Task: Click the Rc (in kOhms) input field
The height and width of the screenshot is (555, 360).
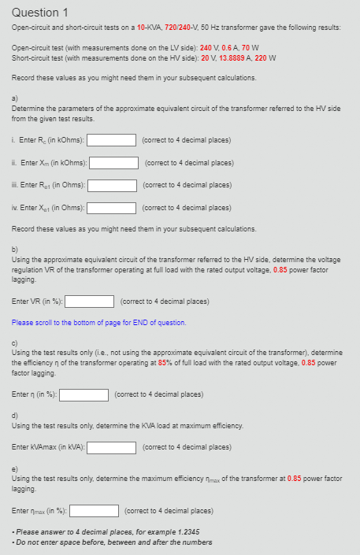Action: pos(111,141)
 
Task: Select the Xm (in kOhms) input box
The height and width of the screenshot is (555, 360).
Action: pos(115,163)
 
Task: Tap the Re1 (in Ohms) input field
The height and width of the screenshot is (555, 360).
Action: pos(113,186)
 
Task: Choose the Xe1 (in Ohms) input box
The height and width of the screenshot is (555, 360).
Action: pos(112,209)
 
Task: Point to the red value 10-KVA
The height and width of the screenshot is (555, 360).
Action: pos(149,27)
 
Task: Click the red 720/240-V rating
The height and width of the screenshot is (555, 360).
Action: pos(184,27)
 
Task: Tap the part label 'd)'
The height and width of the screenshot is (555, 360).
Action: pos(15,415)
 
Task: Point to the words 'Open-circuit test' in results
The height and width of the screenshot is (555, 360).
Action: pos(35,47)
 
